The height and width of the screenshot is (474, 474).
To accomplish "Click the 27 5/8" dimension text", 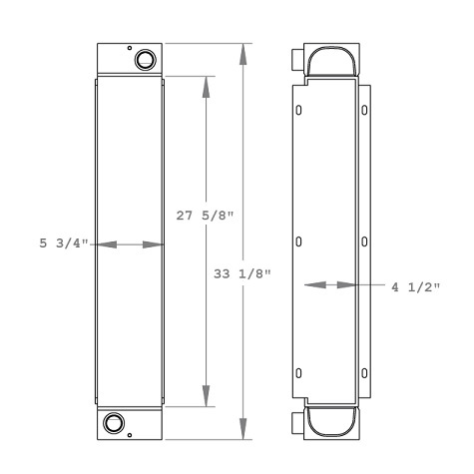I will click(206, 214).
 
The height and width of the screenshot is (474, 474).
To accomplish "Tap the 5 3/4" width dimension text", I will click(62, 243).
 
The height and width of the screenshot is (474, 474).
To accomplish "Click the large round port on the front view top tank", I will click(146, 60).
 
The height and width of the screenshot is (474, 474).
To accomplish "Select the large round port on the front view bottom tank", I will click(114, 423).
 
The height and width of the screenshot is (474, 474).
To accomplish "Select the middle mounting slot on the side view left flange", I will click(299, 242).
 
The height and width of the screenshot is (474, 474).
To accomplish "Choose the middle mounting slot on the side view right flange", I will click(365, 242).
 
